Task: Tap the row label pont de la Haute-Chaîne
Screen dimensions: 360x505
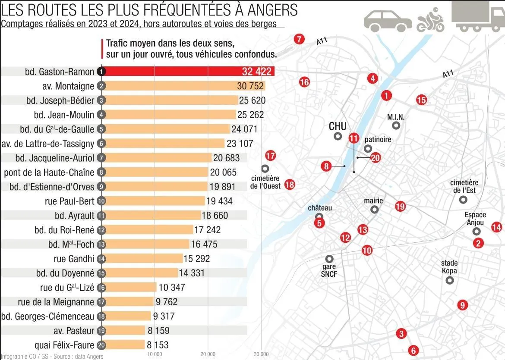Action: click(x=49, y=172)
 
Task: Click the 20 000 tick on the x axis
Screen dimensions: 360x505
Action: click(x=208, y=354)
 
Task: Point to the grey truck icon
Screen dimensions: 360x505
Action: click(x=477, y=17)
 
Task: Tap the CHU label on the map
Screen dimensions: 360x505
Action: click(x=338, y=126)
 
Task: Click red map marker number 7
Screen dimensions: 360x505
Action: click(x=299, y=39)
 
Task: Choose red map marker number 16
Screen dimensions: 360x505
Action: click(x=304, y=82)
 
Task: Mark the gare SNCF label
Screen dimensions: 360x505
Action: click(x=329, y=270)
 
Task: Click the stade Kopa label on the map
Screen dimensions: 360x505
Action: click(x=449, y=267)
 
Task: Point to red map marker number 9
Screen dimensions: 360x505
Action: click(x=462, y=305)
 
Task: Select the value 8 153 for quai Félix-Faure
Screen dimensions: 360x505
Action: click(x=158, y=345)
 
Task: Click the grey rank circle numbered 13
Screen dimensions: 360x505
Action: click(x=102, y=244)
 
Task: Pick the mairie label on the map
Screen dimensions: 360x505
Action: click(x=373, y=201)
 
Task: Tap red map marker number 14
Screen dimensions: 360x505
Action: click(x=497, y=227)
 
